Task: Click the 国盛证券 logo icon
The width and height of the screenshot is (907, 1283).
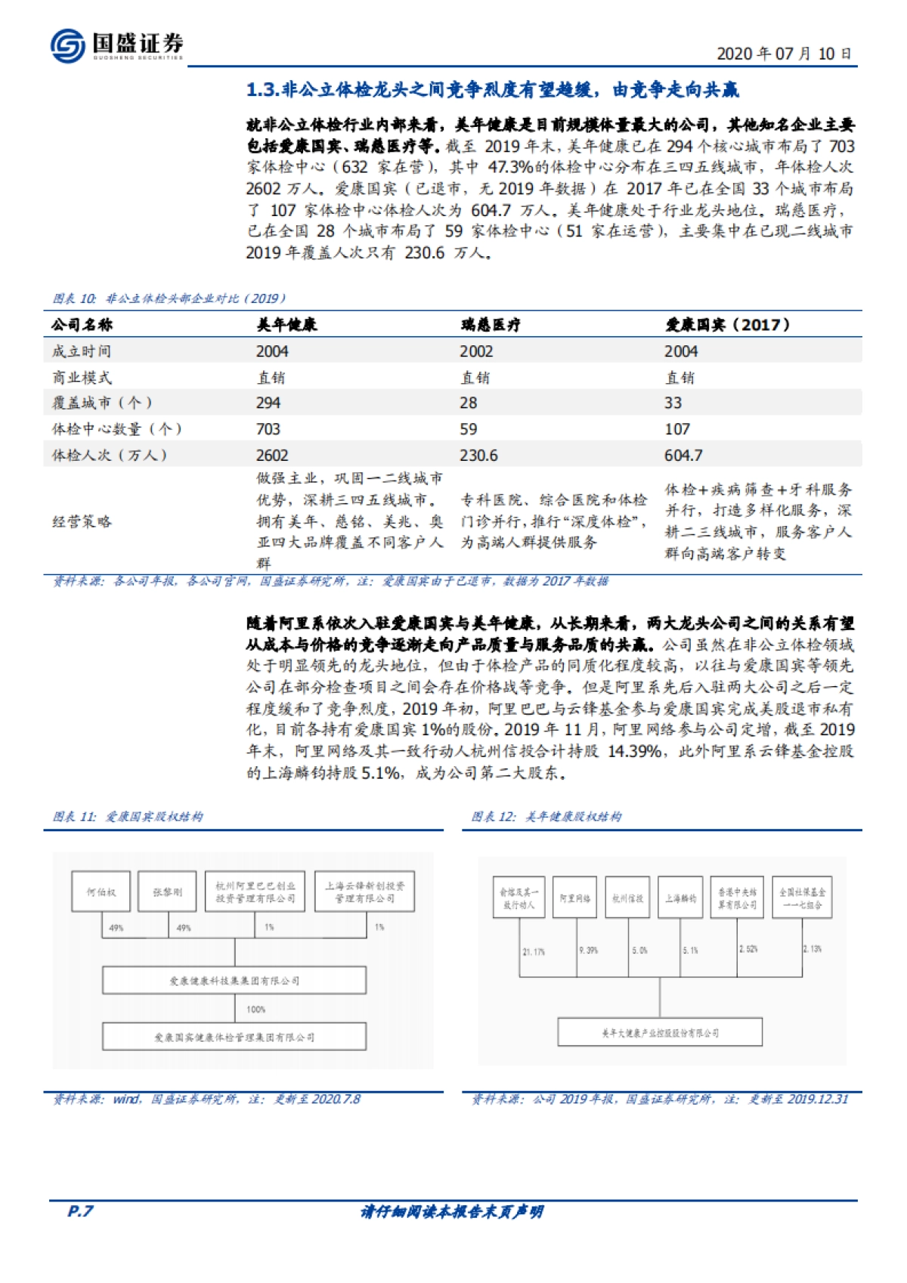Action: click(68, 45)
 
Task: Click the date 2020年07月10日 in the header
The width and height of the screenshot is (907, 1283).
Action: click(784, 54)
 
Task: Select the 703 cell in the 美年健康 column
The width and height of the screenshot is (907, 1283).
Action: click(268, 429)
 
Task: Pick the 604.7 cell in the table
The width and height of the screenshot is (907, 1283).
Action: click(683, 455)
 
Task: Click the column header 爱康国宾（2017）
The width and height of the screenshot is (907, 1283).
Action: click(727, 325)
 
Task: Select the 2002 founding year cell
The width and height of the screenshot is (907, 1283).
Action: click(476, 351)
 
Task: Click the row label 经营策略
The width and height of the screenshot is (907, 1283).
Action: click(82, 521)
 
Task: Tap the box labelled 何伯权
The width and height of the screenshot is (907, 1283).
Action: click(101, 892)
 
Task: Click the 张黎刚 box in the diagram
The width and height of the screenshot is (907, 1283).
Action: click(168, 892)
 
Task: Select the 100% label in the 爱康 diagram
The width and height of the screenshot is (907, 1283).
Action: click(255, 1009)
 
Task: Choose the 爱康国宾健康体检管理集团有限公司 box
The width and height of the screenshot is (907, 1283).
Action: click(234, 1037)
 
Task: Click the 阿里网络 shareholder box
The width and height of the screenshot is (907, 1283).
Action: click(575, 898)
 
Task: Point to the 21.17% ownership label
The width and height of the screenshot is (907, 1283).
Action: click(534, 952)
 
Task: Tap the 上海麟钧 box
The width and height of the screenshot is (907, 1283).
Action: click(680, 898)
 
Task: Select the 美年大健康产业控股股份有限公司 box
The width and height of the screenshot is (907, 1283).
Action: click(660, 1033)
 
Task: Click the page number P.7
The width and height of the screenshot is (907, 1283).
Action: click(80, 1211)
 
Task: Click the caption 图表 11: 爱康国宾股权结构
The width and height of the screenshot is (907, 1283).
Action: click(128, 817)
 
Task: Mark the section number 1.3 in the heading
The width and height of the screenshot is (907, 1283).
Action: click(262, 90)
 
